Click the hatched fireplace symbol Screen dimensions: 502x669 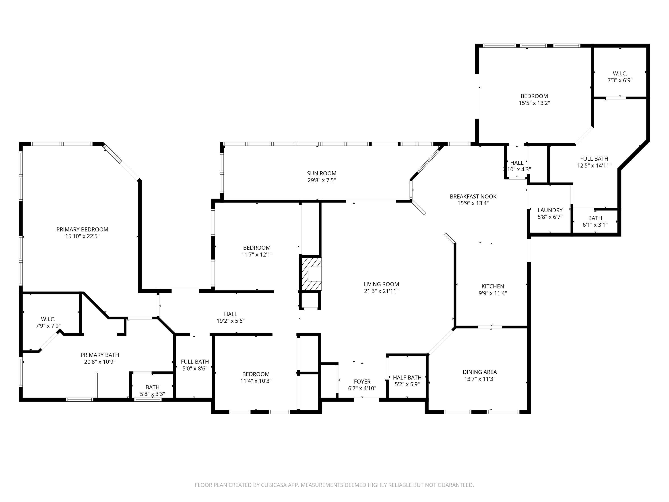(311, 274)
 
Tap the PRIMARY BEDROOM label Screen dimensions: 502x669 (82, 229)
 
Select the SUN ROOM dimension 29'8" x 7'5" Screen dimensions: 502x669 (322, 180)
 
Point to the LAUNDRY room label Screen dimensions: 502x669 (550, 210)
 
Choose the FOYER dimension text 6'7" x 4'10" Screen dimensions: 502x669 (362, 388)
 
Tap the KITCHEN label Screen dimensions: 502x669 (493, 286)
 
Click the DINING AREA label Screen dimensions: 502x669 (480, 372)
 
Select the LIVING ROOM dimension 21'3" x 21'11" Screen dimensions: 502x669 (381, 291)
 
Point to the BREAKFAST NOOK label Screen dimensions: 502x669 (473, 196)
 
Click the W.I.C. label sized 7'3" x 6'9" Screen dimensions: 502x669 (620, 74)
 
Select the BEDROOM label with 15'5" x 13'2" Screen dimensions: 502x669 (534, 96)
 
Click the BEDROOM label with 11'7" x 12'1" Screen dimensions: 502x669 (257, 247)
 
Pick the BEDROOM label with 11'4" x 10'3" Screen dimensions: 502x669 (256, 374)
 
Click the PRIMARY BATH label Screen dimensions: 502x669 (100, 355)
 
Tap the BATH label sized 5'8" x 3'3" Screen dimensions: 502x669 (153, 387)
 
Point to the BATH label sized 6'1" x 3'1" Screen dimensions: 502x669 (595, 218)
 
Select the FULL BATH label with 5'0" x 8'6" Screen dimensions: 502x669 (195, 362)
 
